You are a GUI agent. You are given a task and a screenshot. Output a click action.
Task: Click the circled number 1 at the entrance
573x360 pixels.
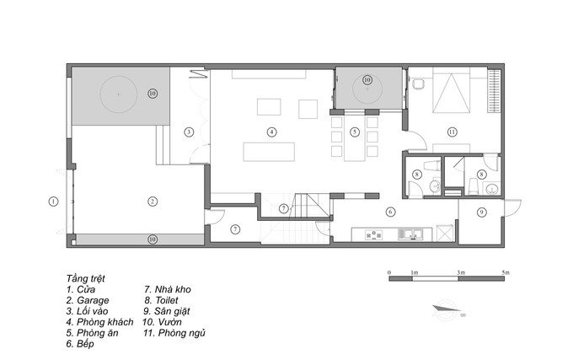pyautogui.click(x=52, y=201)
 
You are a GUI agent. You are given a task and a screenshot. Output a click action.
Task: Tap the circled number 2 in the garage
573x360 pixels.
pyautogui.click(x=153, y=201)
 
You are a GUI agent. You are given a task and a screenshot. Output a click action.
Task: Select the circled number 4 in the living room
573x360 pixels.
pyautogui.click(x=271, y=132)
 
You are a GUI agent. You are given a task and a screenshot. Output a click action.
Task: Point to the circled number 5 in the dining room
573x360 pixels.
pyautogui.click(x=355, y=132)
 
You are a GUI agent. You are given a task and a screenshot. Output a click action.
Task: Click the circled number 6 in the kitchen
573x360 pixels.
pyautogui.click(x=390, y=212)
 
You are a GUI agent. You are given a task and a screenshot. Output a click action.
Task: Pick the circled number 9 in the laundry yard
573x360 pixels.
pyautogui.click(x=482, y=212)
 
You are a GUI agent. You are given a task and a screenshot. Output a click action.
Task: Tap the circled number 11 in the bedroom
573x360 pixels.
pyautogui.click(x=453, y=132)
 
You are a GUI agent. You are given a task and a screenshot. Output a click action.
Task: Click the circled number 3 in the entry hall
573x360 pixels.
pyautogui.click(x=189, y=132)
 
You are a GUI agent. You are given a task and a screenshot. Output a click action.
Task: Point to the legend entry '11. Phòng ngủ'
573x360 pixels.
pyautogui.click(x=174, y=333)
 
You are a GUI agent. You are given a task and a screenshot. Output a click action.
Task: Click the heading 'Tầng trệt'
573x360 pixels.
pyautogui.click(x=86, y=277)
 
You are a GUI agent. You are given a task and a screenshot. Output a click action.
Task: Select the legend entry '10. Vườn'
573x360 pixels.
pyautogui.click(x=168, y=322)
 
